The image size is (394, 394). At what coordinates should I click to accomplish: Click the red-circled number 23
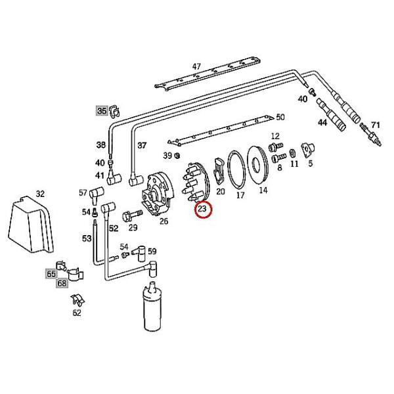tap(203, 210)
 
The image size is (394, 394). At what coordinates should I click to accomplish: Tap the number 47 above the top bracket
tap(196, 66)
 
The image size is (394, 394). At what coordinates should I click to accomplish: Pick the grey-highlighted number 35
tap(101, 111)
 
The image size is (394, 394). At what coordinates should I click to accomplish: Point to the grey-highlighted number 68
tap(62, 284)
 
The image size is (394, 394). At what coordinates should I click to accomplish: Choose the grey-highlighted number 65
tap(51, 273)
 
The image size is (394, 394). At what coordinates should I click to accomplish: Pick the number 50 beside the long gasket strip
tap(280, 118)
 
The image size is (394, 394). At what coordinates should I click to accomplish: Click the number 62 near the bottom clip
tap(77, 313)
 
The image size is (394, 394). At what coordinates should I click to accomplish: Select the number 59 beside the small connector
tap(152, 252)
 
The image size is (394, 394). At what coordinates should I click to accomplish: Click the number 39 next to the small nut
tap(167, 156)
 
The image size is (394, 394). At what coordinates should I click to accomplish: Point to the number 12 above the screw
tap(275, 136)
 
